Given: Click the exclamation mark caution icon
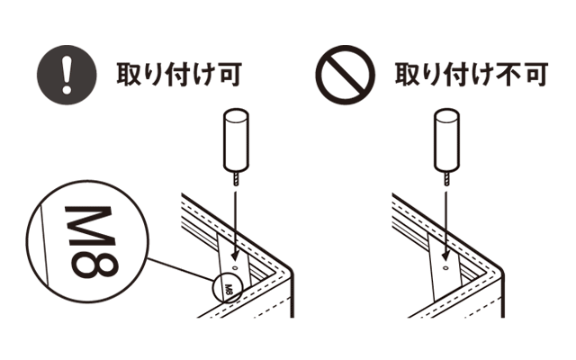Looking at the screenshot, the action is click(x=67, y=75).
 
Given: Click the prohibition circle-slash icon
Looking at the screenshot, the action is click(x=346, y=75).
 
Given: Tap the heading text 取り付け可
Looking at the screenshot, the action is click(x=179, y=75).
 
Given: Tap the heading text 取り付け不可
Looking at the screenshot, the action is click(x=472, y=75).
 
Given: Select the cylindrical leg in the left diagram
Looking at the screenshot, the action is click(x=236, y=140).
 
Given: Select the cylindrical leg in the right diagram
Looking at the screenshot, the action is click(x=446, y=140).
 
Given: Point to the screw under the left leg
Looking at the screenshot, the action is click(x=236, y=180).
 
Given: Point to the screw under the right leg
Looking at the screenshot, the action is click(x=446, y=180).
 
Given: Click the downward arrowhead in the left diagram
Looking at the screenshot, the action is click(x=234, y=256).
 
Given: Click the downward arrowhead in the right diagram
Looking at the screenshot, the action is click(x=445, y=256).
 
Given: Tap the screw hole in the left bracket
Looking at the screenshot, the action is click(x=236, y=267).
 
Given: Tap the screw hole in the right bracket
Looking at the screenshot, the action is click(x=445, y=267).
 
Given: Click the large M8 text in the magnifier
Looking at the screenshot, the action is click(x=92, y=242).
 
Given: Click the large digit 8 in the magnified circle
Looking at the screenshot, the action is click(x=94, y=263).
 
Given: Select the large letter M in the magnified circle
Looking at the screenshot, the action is click(x=89, y=225).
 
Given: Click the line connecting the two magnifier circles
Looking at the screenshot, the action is click(x=181, y=270).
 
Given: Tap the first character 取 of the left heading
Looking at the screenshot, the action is click(x=130, y=75).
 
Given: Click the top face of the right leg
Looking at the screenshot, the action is click(x=446, y=115).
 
